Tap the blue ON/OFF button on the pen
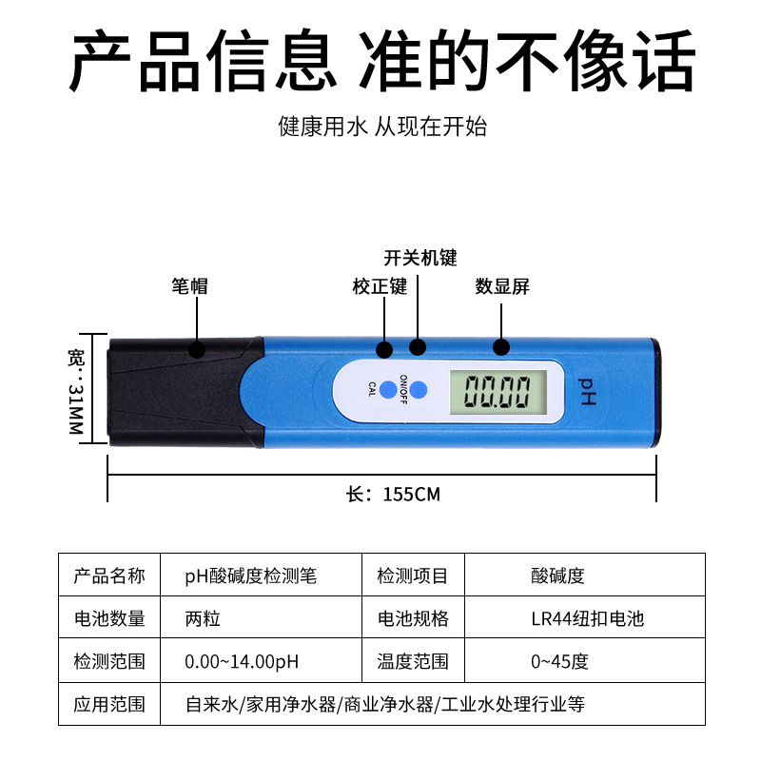420,390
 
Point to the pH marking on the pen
586,391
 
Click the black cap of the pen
181,390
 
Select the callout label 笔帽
189,286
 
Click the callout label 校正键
380,286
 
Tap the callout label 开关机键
420,258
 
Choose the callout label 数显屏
502,286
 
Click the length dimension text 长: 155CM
393,495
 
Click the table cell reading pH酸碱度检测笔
251,576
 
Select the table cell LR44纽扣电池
587,618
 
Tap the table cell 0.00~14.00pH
242,661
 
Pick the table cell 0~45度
559,661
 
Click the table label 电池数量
109,618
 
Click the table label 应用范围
109,705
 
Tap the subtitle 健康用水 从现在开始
382,127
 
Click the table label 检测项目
413,576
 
